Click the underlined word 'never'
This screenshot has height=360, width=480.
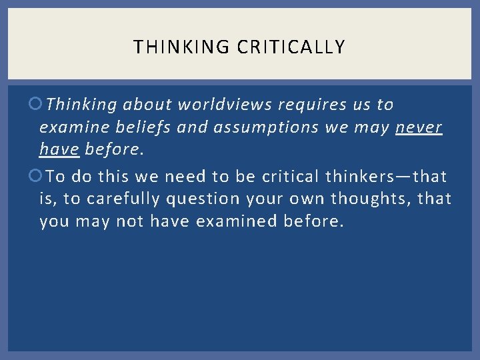(419, 127)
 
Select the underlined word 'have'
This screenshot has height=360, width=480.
(60, 149)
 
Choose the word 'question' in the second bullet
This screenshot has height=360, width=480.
(196, 199)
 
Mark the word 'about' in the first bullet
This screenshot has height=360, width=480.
(147, 105)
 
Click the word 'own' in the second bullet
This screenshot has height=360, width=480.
(303, 199)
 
